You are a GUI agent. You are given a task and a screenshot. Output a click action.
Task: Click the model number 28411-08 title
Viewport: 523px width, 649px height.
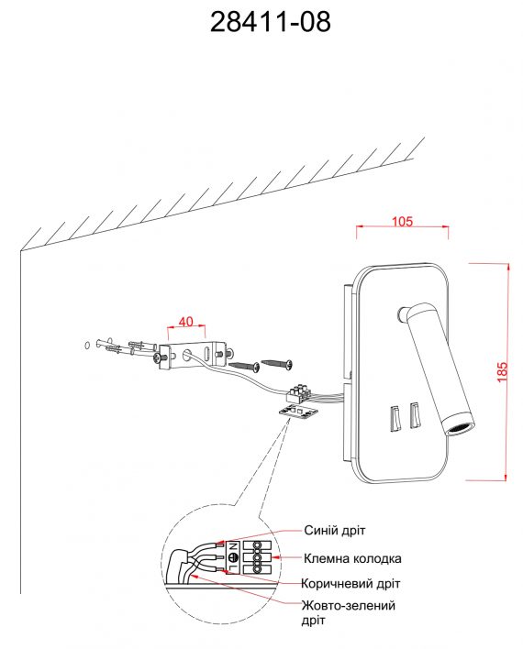click(x=270, y=22)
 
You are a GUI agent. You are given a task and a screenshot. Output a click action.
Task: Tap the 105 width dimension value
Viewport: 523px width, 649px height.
click(x=403, y=221)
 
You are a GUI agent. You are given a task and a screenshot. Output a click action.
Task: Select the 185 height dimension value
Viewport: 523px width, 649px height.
click(x=502, y=371)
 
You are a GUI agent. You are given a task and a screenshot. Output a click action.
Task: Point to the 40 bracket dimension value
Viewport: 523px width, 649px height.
click(x=186, y=321)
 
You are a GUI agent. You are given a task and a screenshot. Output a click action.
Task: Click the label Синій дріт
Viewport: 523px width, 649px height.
click(x=334, y=530)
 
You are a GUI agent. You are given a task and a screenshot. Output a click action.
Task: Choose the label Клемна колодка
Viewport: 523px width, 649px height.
click(x=352, y=558)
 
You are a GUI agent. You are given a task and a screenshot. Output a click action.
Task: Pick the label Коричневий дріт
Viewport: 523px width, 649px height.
click(x=351, y=584)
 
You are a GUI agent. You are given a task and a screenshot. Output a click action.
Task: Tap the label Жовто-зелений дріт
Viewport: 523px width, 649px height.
click(x=348, y=612)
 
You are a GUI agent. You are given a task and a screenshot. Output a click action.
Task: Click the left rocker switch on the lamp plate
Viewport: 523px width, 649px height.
click(x=395, y=418)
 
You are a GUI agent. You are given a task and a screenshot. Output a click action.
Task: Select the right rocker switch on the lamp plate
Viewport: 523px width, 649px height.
click(x=415, y=415)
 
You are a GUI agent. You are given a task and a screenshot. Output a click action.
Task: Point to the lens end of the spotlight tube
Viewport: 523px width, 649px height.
click(x=461, y=430)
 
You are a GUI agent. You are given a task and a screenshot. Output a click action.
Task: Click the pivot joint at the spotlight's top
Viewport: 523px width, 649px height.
click(x=403, y=314)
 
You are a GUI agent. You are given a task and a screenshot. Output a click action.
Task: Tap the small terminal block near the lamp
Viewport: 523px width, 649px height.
click(x=298, y=393)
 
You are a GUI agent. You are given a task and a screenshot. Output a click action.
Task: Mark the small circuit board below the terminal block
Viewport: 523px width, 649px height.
click(x=298, y=412)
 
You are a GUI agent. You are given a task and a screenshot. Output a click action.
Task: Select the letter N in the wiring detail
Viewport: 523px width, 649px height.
click(x=233, y=546)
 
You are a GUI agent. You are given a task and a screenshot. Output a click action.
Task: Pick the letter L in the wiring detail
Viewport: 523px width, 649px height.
click(x=233, y=568)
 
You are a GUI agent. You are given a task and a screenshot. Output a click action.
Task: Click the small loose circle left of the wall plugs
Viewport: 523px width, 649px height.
click(x=87, y=345)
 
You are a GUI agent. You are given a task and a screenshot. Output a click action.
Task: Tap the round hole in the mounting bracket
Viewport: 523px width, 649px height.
click(x=187, y=355)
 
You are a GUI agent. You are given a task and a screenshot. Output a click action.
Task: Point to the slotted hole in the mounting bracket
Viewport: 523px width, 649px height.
click(x=206, y=354)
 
